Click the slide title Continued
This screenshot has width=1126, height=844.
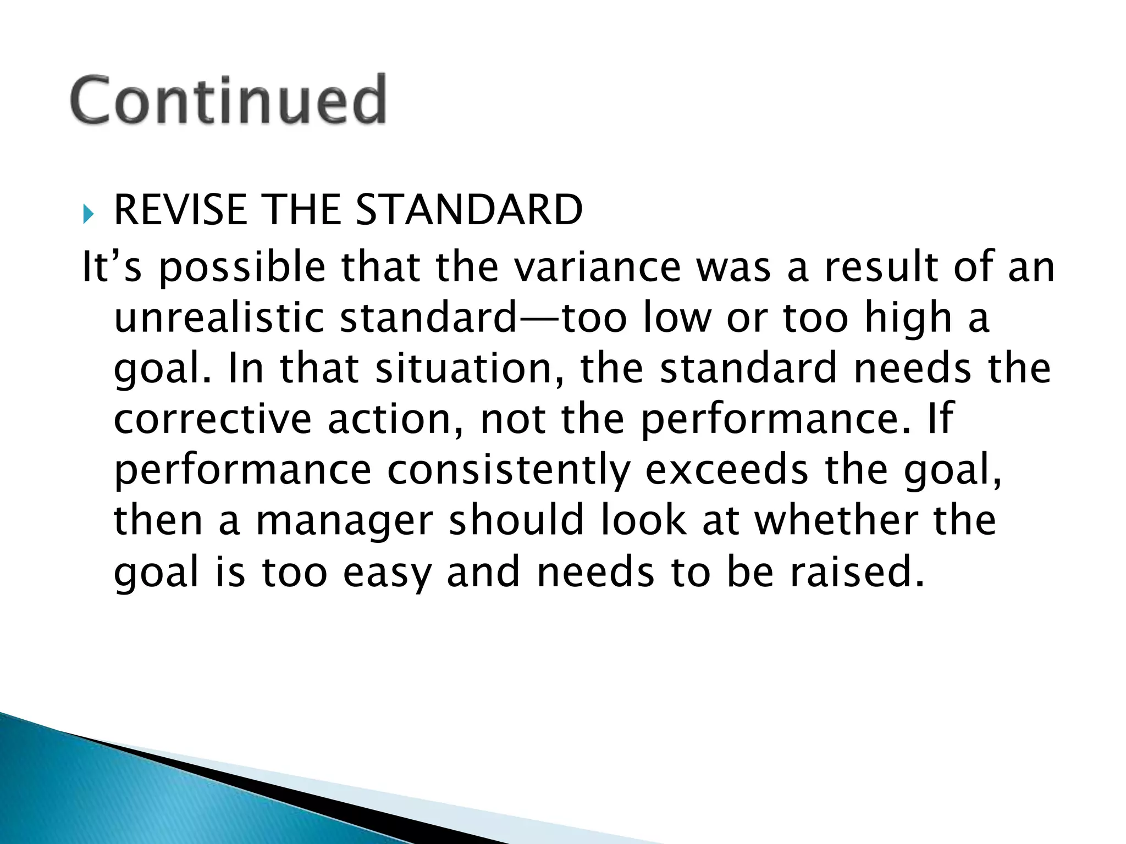click(x=228, y=100)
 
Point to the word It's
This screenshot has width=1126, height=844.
click(x=112, y=267)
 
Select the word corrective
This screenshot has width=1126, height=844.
click(x=212, y=419)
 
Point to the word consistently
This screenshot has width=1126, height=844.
click(x=508, y=470)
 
